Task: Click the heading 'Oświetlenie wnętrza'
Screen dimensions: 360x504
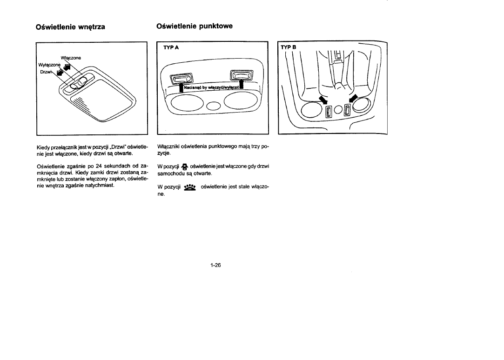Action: [x=70, y=27]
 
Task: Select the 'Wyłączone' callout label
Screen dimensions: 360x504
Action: [x=49, y=65]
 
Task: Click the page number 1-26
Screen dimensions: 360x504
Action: [x=215, y=266]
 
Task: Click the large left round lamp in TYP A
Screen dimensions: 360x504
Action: [x=186, y=103]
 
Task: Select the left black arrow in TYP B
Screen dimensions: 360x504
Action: [x=323, y=100]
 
